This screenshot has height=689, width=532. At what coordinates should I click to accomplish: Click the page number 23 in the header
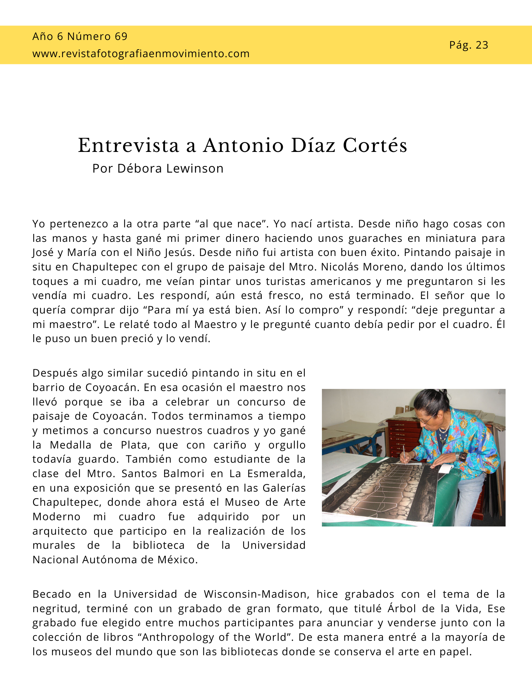482,45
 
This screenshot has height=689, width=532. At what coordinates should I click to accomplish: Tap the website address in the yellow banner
141,54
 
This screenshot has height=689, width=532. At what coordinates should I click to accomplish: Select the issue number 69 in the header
121,36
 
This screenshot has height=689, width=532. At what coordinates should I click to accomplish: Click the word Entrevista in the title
128,145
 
